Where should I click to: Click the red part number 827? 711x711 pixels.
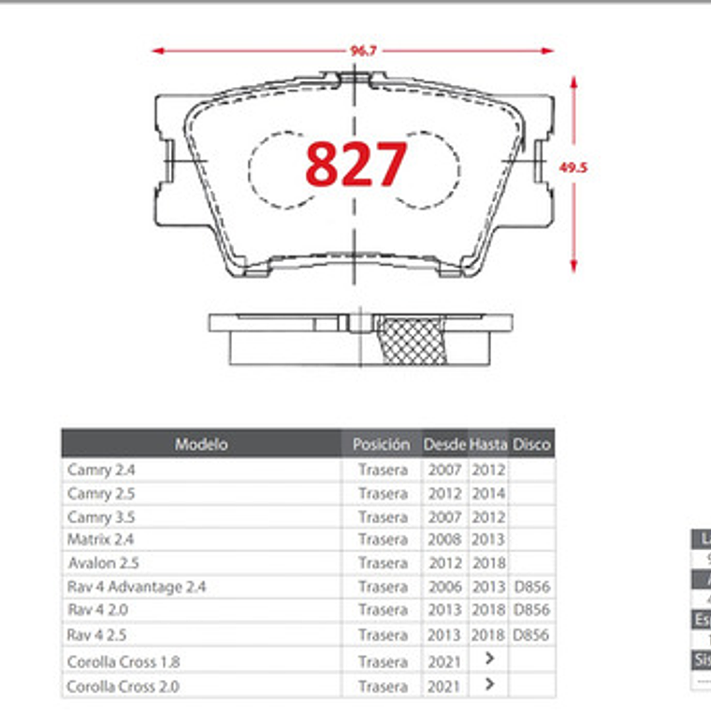pyautogui.click(x=356, y=165)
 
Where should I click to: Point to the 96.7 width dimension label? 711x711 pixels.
pyautogui.click(x=363, y=51)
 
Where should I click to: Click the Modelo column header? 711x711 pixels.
pyautogui.click(x=201, y=444)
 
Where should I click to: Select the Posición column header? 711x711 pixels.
pyautogui.click(x=381, y=444)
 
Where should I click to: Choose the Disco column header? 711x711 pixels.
pyautogui.click(x=532, y=444)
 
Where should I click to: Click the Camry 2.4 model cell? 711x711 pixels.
pyautogui.click(x=101, y=470)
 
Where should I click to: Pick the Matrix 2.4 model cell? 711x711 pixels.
pyautogui.click(x=101, y=540)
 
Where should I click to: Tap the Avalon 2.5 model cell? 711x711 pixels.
pyautogui.click(x=103, y=563)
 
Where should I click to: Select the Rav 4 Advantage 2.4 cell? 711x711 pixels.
pyautogui.click(x=137, y=588)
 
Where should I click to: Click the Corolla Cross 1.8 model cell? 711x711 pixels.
pyautogui.click(x=123, y=661)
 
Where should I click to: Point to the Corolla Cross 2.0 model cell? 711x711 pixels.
pyautogui.click(x=123, y=686)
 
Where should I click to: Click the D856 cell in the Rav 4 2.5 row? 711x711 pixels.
pyautogui.click(x=531, y=635)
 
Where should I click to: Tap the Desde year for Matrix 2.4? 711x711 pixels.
pyautogui.click(x=444, y=540)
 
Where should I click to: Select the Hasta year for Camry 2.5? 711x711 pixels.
pyautogui.click(x=488, y=493)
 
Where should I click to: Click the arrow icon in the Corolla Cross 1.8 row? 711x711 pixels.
pyautogui.click(x=488, y=660)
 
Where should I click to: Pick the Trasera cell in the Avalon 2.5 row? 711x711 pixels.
pyautogui.click(x=383, y=563)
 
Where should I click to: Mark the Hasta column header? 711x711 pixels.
pyautogui.click(x=488, y=444)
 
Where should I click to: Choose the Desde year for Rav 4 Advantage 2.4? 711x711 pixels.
pyautogui.click(x=444, y=588)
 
